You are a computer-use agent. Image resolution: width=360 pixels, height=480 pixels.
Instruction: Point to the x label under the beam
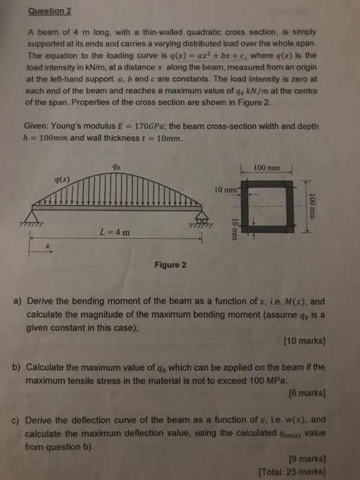[x=47, y=245]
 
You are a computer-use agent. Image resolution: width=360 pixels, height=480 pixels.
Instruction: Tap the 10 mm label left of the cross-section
[x=226, y=189]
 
